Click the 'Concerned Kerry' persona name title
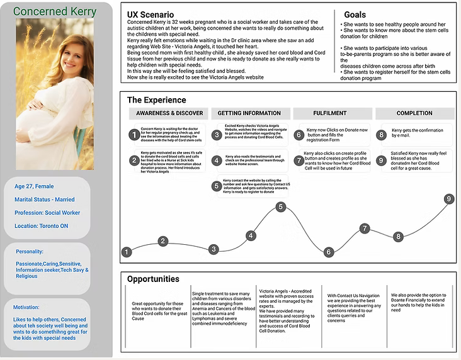pos(55,12)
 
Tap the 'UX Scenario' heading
pos(152,14)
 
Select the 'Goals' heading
pos(355,14)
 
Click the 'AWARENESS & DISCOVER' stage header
pos(168,113)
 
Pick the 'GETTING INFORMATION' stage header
pos(249,113)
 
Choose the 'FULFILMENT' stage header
pos(330,113)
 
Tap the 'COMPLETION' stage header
pos(414,113)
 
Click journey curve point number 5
pos(281,206)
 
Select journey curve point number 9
pos(449,199)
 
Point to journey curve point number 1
pos(127,252)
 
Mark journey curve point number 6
pos(328,252)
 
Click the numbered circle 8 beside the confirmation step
pos(380,135)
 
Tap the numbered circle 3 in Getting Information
pos(216,135)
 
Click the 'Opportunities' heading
pos(153,279)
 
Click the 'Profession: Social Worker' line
pos(47,213)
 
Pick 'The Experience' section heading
pos(156,99)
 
